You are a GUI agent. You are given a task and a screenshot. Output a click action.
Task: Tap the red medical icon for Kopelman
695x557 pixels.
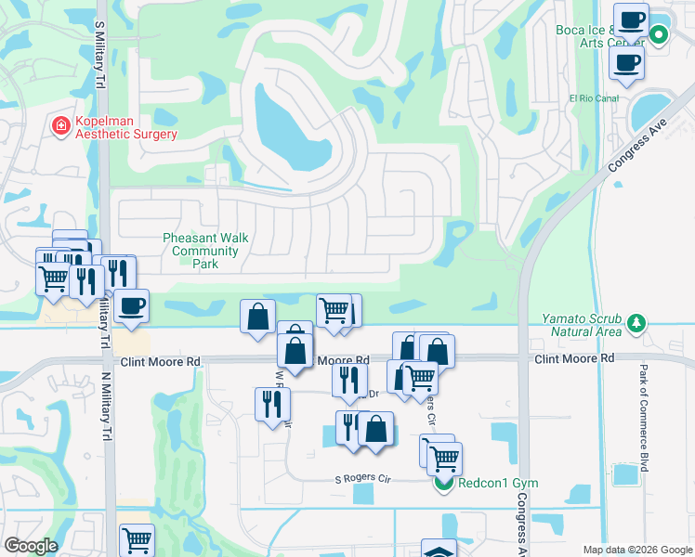point(61,126)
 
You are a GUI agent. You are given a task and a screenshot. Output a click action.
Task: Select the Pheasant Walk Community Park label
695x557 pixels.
point(205,251)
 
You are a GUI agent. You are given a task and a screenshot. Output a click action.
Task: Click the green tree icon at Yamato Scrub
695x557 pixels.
point(636,324)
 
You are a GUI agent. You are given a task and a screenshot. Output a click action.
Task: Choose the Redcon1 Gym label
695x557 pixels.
point(498,484)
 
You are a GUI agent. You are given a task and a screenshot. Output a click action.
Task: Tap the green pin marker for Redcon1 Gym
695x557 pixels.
point(443,483)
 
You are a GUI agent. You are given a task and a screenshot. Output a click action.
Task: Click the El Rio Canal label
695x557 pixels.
point(593,97)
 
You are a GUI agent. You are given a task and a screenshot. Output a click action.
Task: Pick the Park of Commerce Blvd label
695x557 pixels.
point(643,418)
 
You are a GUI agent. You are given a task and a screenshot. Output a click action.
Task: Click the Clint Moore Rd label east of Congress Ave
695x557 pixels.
point(574,357)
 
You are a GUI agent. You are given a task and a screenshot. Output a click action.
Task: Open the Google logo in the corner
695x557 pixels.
point(31,546)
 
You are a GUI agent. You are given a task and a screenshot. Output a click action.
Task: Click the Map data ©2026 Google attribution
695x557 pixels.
point(636,550)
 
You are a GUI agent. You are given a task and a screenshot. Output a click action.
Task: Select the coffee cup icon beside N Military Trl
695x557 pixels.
point(131,306)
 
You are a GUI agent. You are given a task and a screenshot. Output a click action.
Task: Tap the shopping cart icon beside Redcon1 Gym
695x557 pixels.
point(444,457)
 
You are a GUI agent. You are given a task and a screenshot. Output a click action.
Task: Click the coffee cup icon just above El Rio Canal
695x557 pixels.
point(626,62)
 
